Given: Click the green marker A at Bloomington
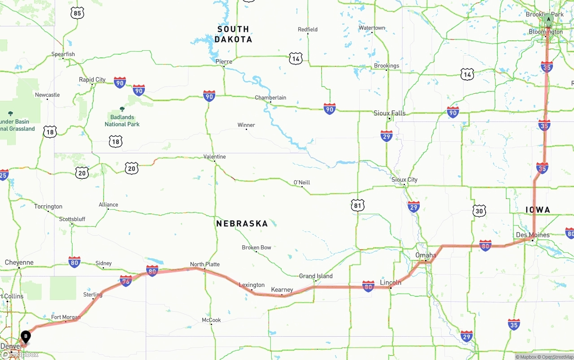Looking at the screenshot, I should [548, 19].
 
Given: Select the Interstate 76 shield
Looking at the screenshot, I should [126, 281].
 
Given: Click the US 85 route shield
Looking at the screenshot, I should [77, 13].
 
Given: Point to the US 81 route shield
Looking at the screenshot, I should [357, 206].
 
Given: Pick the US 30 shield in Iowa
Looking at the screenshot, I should [479, 211].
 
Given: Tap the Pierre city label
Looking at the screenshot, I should [224, 61].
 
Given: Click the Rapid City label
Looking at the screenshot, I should [92, 80].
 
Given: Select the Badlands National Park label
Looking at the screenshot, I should [122, 121].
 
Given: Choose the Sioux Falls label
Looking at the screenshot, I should [389, 113].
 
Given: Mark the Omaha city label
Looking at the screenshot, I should [426, 255].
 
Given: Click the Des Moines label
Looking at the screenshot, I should [533, 235].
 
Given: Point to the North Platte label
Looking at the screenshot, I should [205, 264].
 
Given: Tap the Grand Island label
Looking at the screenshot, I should [316, 276].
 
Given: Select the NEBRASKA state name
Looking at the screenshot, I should [242, 223].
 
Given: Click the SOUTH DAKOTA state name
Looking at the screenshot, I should [233, 34].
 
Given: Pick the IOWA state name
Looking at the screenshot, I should [538, 210].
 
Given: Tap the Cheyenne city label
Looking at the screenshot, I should [19, 262].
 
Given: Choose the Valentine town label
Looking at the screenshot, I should [214, 156].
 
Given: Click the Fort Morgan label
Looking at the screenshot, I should [65, 317].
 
